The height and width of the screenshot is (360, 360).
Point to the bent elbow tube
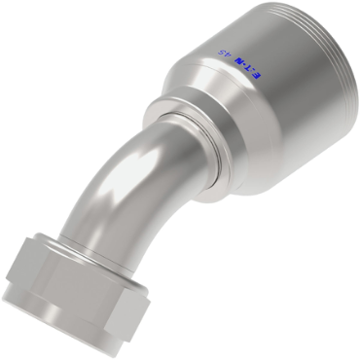(117, 195)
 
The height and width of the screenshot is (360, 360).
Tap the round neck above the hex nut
(83, 238)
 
